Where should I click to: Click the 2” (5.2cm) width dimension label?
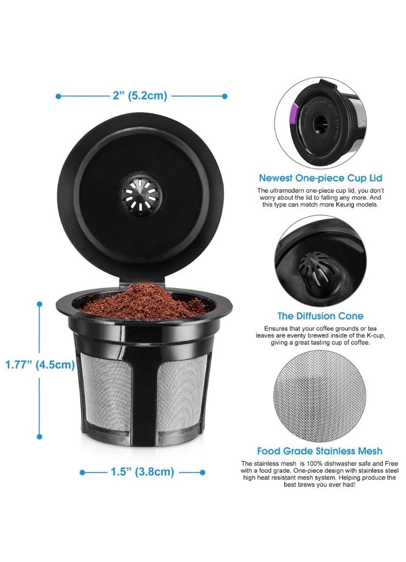[x=140, y=96]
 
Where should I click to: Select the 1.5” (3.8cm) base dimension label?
[x=143, y=472]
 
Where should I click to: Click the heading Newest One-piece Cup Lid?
[x=320, y=178]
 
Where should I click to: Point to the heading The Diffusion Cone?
[x=320, y=316]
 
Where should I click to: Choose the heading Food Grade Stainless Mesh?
[x=319, y=450]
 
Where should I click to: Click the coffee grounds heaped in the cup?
[x=143, y=301]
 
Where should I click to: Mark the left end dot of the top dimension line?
[x=58, y=96]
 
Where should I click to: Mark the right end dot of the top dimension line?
[x=224, y=96]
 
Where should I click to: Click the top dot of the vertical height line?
[x=39, y=304]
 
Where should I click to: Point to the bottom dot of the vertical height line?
[x=39, y=436]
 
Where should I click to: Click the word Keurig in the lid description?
[x=354, y=205]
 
